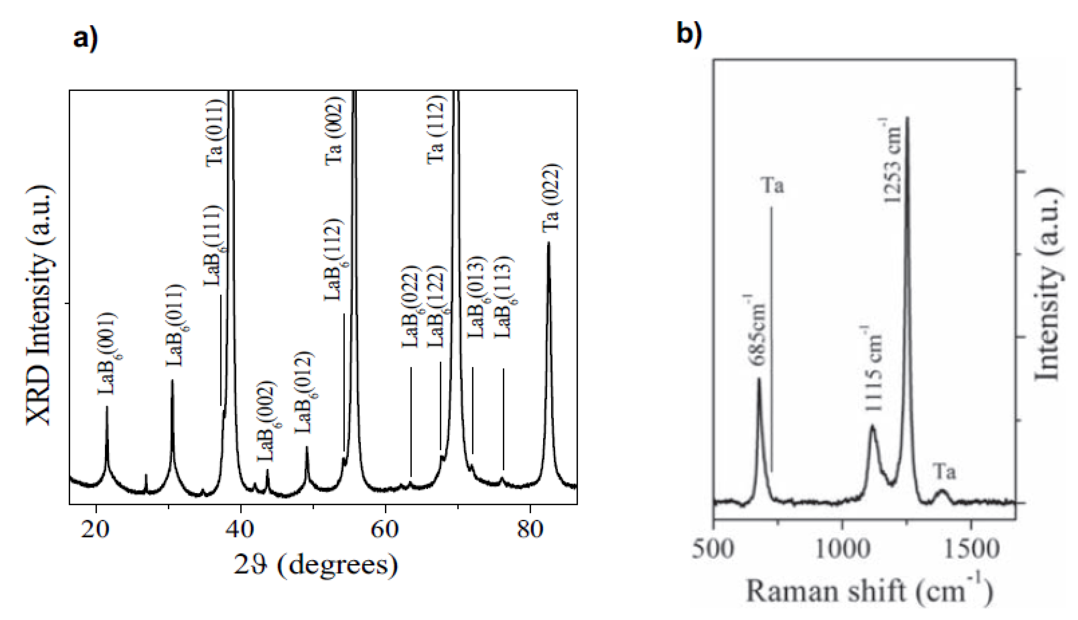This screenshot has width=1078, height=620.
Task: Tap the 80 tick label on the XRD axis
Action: tap(530, 530)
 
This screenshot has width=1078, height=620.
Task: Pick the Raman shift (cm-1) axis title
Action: tap(869, 593)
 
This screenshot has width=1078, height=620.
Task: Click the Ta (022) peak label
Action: tap(550, 198)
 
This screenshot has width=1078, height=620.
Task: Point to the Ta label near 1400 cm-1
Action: tap(945, 472)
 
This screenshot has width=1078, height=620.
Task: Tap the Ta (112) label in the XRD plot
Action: tap(436, 130)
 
